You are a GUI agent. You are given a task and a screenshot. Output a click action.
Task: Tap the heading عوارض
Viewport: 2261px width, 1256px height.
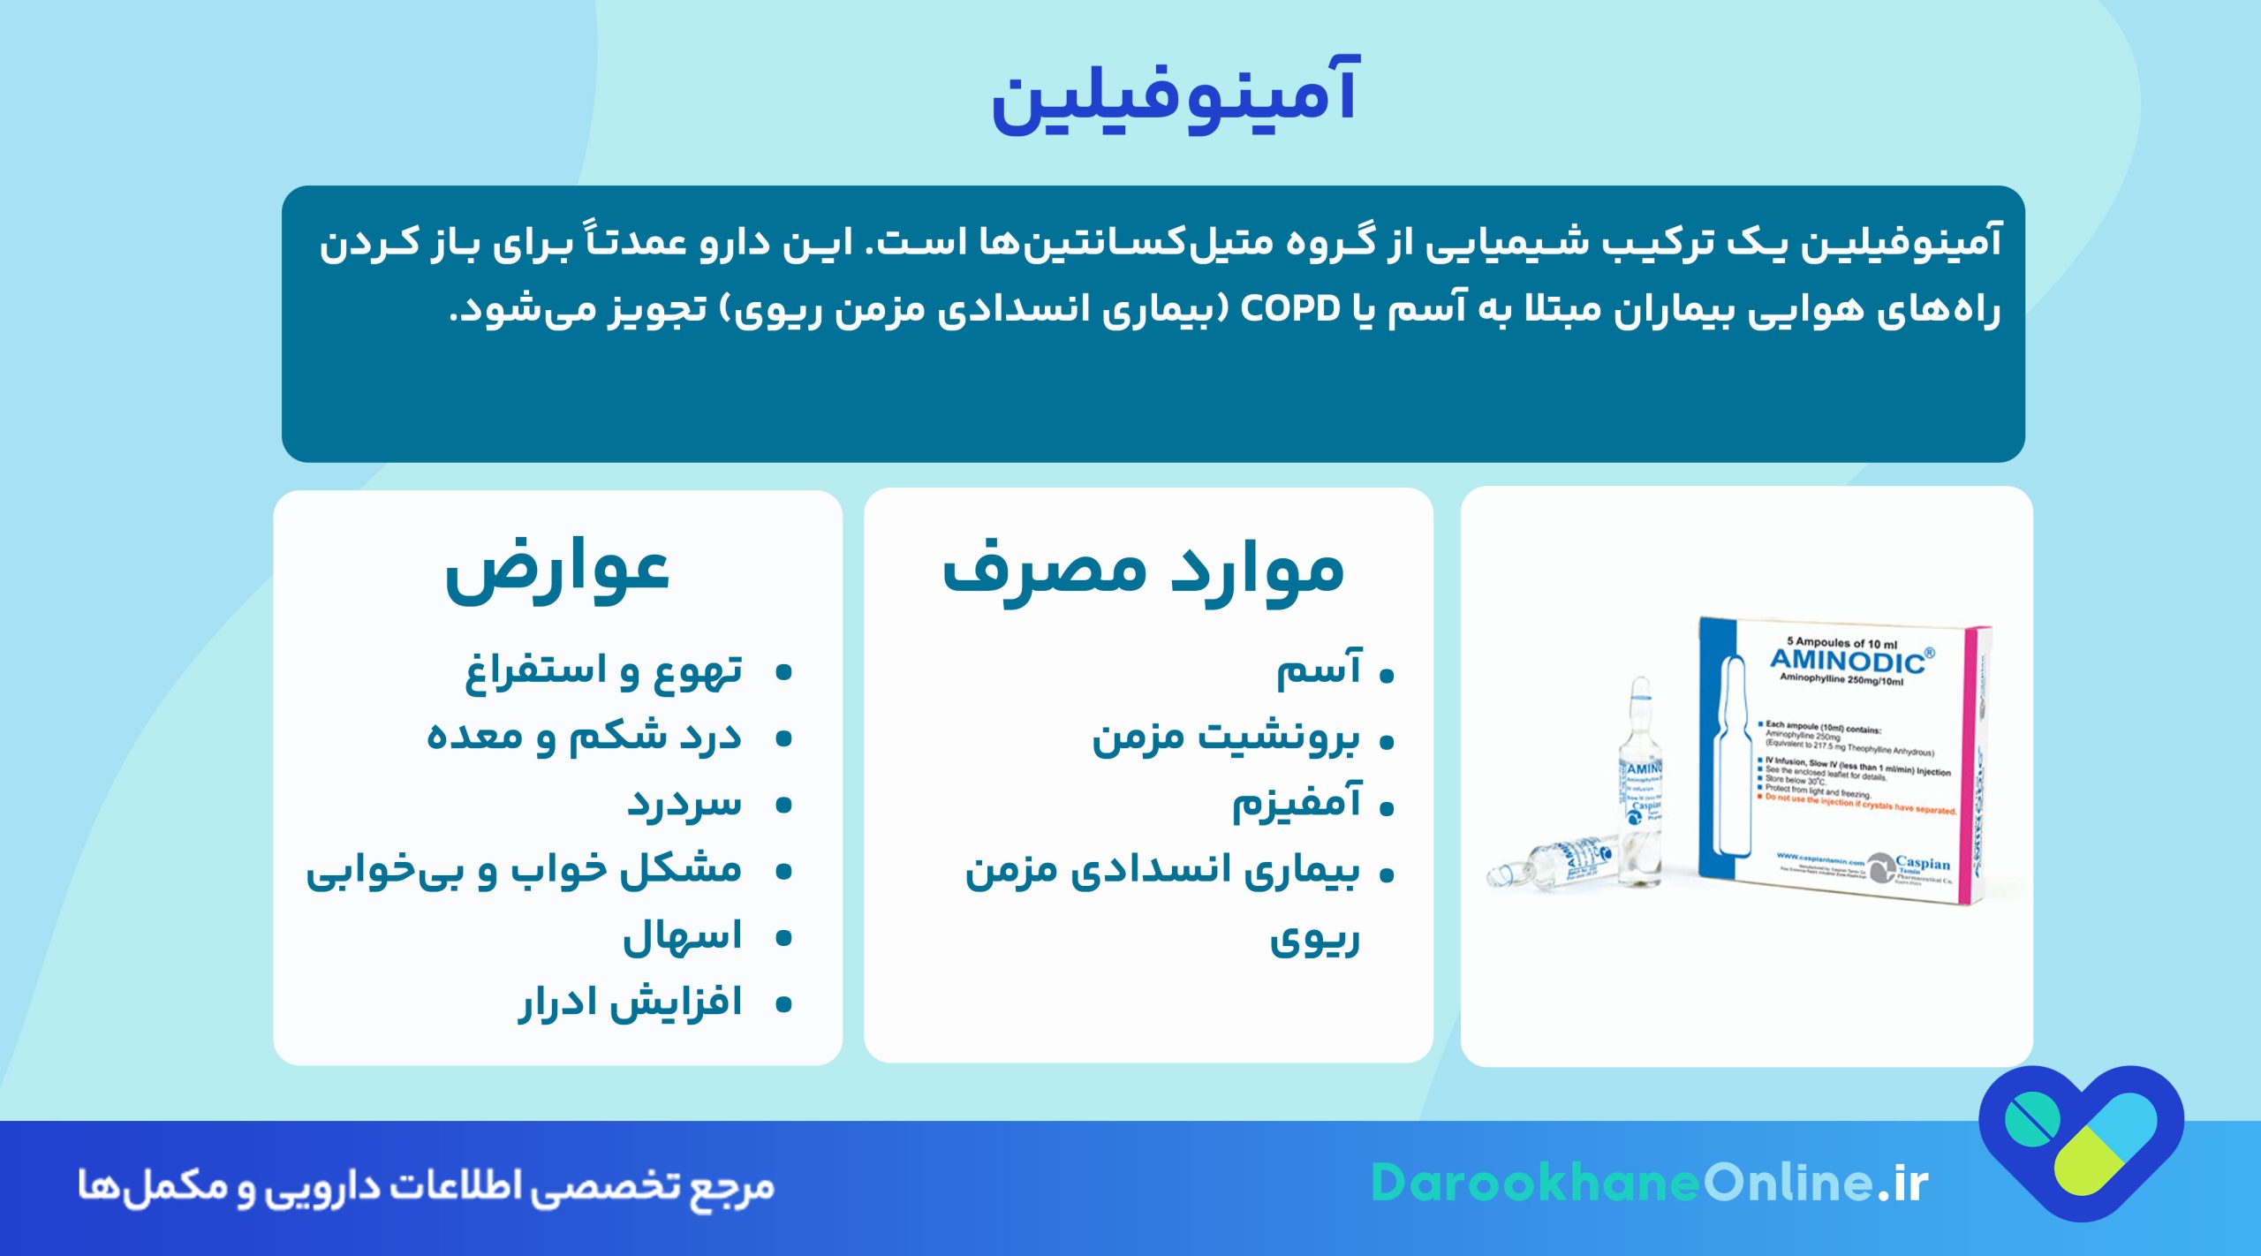tap(557, 571)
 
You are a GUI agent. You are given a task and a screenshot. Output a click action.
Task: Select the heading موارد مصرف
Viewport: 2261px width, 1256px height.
tap(1143, 571)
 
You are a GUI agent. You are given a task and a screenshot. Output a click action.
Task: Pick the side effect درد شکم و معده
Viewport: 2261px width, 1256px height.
tap(584, 738)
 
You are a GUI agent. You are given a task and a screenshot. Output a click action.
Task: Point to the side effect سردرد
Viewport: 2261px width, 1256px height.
tap(684, 804)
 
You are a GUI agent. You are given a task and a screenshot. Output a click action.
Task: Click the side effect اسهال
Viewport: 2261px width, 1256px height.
tap(682, 936)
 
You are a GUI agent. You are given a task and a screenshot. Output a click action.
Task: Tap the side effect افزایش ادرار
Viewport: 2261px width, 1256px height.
tap(630, 1003)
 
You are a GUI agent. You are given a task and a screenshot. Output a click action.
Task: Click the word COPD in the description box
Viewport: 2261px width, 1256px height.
tap(1290, 309)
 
